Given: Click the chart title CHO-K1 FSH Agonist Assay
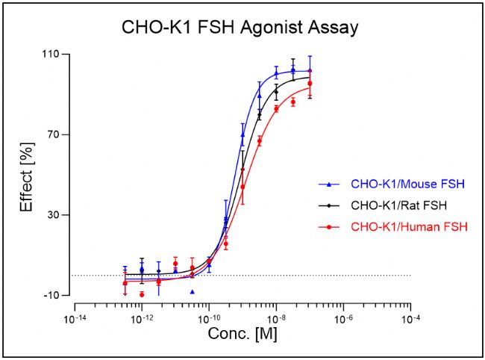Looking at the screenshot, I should (241, 28).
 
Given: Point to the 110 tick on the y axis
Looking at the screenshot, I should (51, 55).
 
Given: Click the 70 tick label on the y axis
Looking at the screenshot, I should (54, 135).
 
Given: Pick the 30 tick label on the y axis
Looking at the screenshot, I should (54, 215).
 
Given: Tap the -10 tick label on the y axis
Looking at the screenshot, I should (51, 296).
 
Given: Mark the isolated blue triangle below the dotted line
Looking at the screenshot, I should (193, 292).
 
